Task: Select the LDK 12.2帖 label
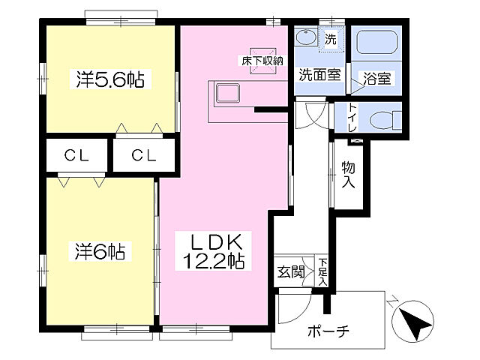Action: click(213, 252)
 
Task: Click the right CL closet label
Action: click(145, 156)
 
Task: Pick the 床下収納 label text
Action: click(261, 60)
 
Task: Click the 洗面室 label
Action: click(319, 75)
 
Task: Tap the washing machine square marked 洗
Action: click(331, 37)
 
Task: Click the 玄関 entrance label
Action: click(291, 271)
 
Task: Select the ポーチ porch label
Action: click(328, 331)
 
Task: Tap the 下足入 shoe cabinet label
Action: click(322, 271)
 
